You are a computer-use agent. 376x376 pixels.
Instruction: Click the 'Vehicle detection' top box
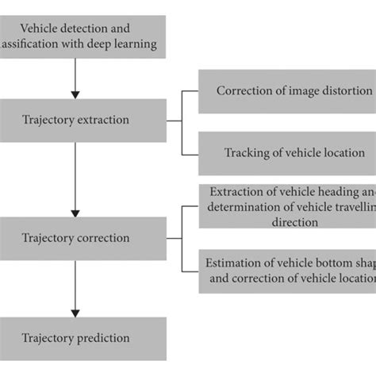[83, 36]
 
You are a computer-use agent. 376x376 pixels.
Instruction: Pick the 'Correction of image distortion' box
[286, 90]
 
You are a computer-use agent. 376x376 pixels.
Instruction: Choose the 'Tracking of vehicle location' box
[286, 153]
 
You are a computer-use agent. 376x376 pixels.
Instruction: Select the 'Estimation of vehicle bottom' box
[286, 270]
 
